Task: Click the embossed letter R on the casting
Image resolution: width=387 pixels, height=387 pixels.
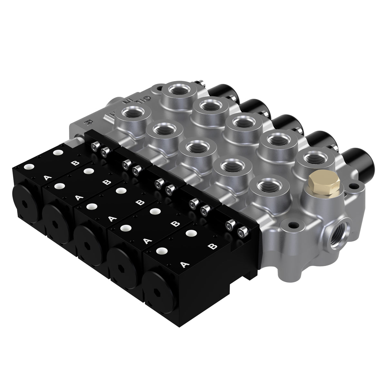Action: point(87,123)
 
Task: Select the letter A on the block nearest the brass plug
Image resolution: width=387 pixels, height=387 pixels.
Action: point(184,264)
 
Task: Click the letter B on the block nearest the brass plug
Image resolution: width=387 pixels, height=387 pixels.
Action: point(212,247)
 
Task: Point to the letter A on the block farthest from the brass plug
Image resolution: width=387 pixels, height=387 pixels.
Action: point(46,178)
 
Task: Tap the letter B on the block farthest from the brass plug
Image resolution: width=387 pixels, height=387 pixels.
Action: point(75,163)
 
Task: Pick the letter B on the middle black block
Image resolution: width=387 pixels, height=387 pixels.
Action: point(139,203)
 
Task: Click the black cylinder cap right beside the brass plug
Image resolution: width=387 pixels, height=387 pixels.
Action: point(357,160)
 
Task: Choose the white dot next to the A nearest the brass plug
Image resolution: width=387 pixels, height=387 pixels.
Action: point(160,250)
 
